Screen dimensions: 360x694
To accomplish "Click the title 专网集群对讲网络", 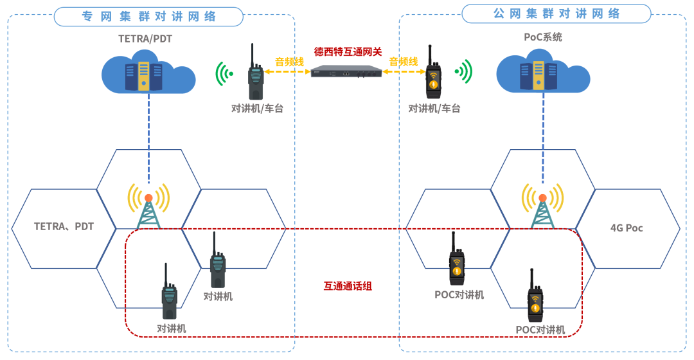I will coord(148,16).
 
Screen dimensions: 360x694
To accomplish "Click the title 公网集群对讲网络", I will coord(556,14).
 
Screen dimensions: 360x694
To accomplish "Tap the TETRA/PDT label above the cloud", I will coord(145,39).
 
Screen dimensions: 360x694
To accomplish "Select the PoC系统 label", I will coord(543,37).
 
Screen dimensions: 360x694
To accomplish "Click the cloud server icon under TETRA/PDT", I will coord(148,75).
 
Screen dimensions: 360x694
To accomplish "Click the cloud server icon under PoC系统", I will coord(544,73).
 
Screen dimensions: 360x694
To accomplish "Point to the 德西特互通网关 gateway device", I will coord(346,71).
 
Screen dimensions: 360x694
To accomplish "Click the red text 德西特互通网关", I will coord(348,51).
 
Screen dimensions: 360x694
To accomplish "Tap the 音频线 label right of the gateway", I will coord(405,62).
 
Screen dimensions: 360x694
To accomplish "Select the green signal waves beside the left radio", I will coord(224,73).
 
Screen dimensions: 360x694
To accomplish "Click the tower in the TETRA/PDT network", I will coord(148,206).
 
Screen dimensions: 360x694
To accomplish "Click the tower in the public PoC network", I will coord(542,206).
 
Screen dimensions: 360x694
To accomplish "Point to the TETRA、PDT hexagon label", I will coord(64,227).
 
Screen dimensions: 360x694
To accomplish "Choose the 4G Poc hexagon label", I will coord(627,228).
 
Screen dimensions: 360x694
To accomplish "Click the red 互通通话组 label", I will coord(347,286).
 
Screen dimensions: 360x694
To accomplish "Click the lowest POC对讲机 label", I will coord(540,330).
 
